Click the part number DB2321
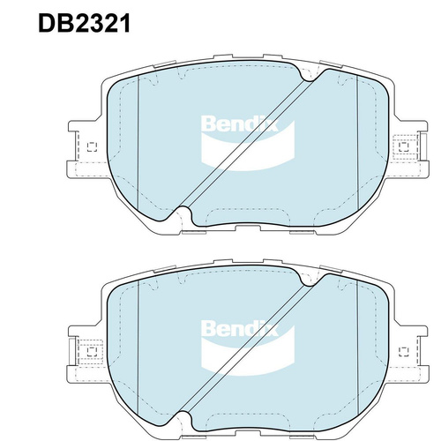coord(84,24)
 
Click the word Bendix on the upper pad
coord(239,123)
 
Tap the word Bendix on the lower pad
coord(239,328)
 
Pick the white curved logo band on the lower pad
coord(248,358)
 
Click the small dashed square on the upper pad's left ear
coord(92,146)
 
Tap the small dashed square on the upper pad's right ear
coord(404,146)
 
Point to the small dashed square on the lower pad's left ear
coord(92,352)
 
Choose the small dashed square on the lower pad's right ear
coord(404,352)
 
